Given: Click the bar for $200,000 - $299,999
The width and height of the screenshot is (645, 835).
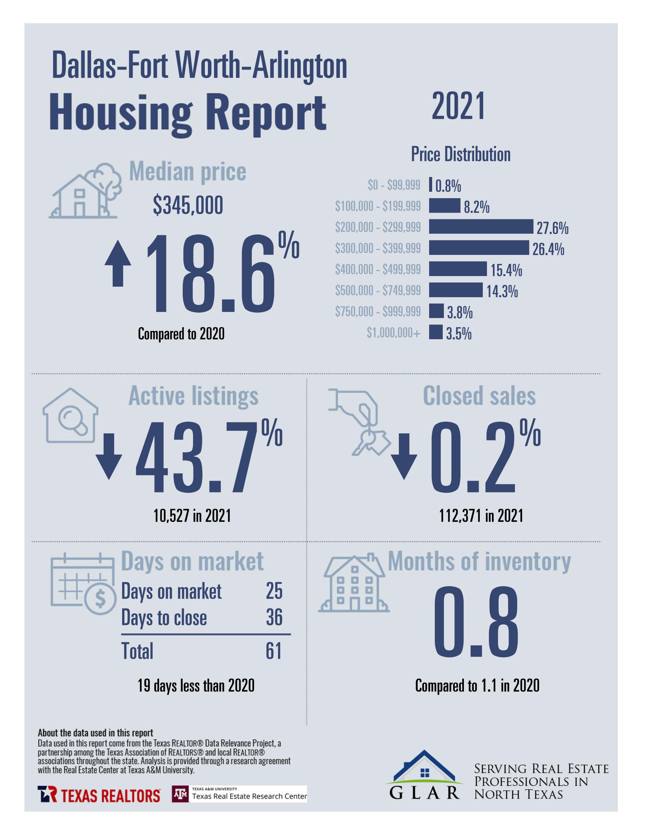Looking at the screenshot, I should click(x=480, y=227).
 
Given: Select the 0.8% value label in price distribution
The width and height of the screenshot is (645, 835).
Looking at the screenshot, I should click(x=448, y=186).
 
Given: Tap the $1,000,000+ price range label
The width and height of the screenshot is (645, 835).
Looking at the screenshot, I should click(x=394, y=333).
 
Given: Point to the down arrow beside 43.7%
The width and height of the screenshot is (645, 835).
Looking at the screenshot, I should click(x=109, y=456).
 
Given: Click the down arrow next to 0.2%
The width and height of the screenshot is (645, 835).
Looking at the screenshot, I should click(x=404, y=456).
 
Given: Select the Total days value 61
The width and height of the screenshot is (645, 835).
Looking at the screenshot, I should click(x=274, y=651).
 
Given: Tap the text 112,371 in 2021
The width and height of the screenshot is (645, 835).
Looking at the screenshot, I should click(x=481, y=516).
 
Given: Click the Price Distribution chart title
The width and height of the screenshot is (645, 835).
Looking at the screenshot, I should click(x=460, y=154).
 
